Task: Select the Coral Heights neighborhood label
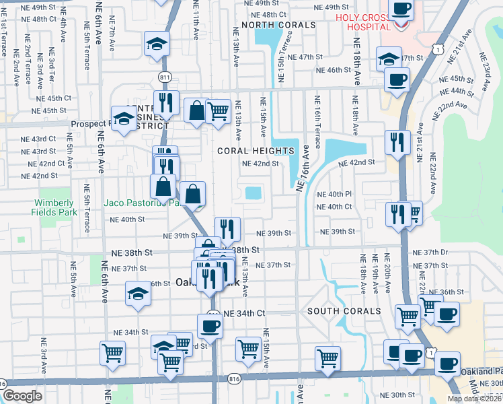256,151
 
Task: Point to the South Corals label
344,311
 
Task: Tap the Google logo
22,396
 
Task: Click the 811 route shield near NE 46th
163,76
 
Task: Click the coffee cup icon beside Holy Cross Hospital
401,9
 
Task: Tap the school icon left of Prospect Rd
124,119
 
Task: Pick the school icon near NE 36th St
138,293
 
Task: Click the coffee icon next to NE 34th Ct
210,326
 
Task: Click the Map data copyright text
475,399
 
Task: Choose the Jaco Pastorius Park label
141,201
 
